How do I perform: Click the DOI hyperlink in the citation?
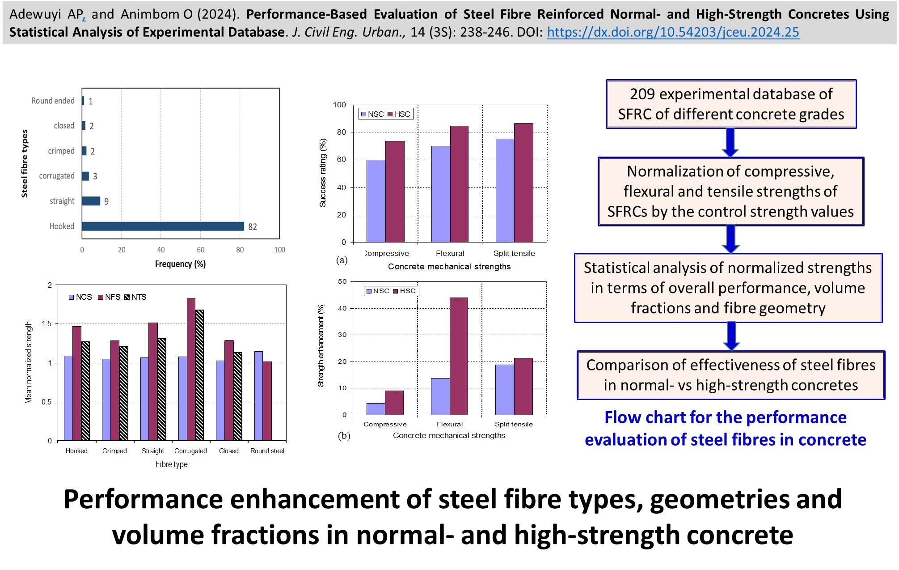[x=673, y=32]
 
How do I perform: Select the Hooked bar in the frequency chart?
[x=163, y=226]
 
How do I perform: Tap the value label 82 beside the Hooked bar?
[x=253, y=227]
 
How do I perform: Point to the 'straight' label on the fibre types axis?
[x=62, y=201]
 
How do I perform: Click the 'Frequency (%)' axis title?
[x=180, y=264]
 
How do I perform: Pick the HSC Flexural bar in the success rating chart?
[x=459, y=184]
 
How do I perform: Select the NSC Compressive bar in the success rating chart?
[x=376, y=201]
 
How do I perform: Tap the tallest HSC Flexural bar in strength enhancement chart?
[x=459, y=356]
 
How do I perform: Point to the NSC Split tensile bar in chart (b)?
[x=505, y=390]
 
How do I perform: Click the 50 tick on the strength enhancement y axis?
[x=342, y=281]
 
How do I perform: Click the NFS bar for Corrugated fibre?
[x=191, y=370]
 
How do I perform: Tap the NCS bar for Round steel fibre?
[x=258, y=396]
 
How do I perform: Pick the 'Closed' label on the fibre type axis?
[x=229, y=451]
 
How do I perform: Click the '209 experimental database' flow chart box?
[x=731, y=104]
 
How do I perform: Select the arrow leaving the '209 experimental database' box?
[x=730, y=143]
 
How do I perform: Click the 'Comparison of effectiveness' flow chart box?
[x=730, y=375]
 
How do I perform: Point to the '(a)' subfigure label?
[x=342, y=260]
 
